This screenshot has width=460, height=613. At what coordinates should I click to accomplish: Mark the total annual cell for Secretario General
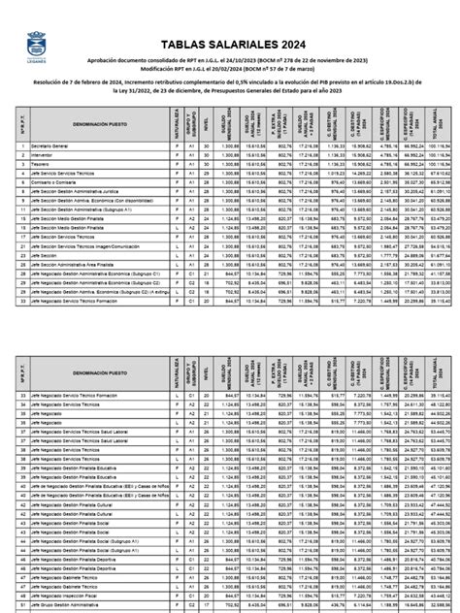click(x=440, y=145)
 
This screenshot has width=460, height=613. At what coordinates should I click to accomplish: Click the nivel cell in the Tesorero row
click(x=206, y=163)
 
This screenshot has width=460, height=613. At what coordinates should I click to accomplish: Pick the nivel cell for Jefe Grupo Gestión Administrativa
click(x=206, y=607)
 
